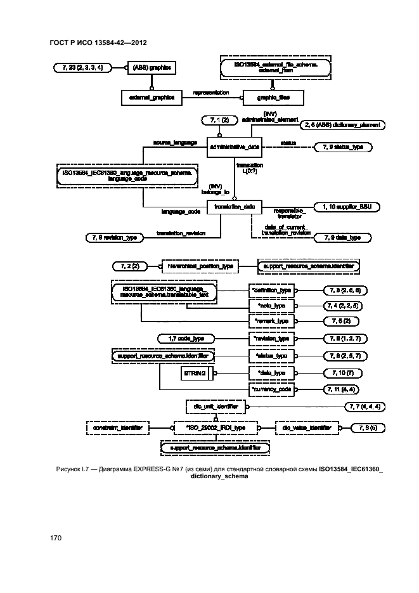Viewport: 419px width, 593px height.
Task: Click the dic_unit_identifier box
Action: pos(214,405)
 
